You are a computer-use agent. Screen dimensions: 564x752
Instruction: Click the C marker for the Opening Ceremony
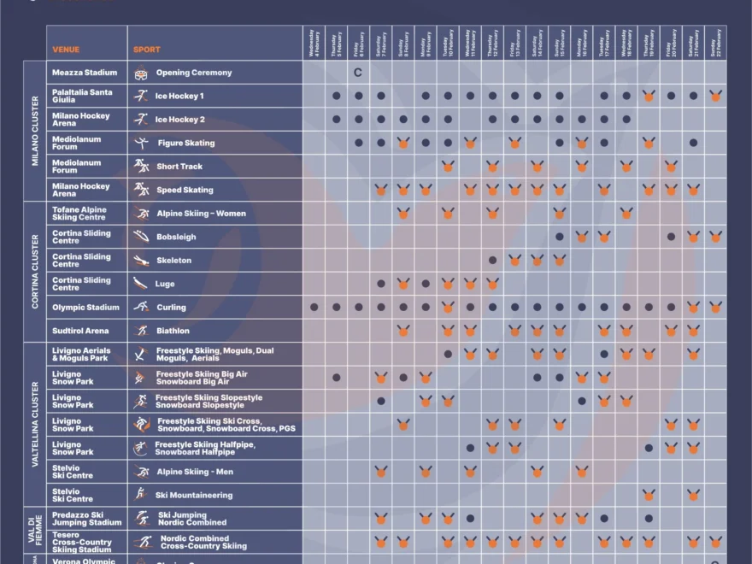tap(358, 73)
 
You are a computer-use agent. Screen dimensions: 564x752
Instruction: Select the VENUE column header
tap(66, 50)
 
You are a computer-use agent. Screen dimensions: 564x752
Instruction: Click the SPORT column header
tap(146, 50)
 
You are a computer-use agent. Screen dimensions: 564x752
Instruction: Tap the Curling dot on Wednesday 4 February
tap(314, 307)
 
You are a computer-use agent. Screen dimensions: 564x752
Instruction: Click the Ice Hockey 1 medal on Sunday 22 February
tap(715, 97)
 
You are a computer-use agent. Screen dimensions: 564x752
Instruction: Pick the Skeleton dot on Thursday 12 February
tap(492, 260)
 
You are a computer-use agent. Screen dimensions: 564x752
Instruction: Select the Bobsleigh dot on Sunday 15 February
tap(560, 237)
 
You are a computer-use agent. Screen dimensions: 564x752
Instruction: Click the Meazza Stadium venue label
tap(85, 73)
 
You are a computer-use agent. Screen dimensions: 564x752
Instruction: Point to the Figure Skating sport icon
tap(141, 143)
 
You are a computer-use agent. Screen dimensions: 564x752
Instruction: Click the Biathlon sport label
tap(173, 331)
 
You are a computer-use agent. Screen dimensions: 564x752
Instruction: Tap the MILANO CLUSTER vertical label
tap(35, 131)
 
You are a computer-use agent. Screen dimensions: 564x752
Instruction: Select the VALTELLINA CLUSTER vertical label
tap(35, 424)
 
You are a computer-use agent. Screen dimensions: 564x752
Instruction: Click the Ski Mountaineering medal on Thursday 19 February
tap(649, 495)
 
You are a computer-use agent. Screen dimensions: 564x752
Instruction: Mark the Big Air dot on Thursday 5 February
tap(337, 377)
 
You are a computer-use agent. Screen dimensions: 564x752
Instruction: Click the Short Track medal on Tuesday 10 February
tap(448, 167)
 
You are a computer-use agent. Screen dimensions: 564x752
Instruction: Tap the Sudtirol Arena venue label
tap(80, 331)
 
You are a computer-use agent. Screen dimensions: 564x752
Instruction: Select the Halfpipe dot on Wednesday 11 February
tap(470, 448)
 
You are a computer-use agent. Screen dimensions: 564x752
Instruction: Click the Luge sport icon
tap(141, 284)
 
